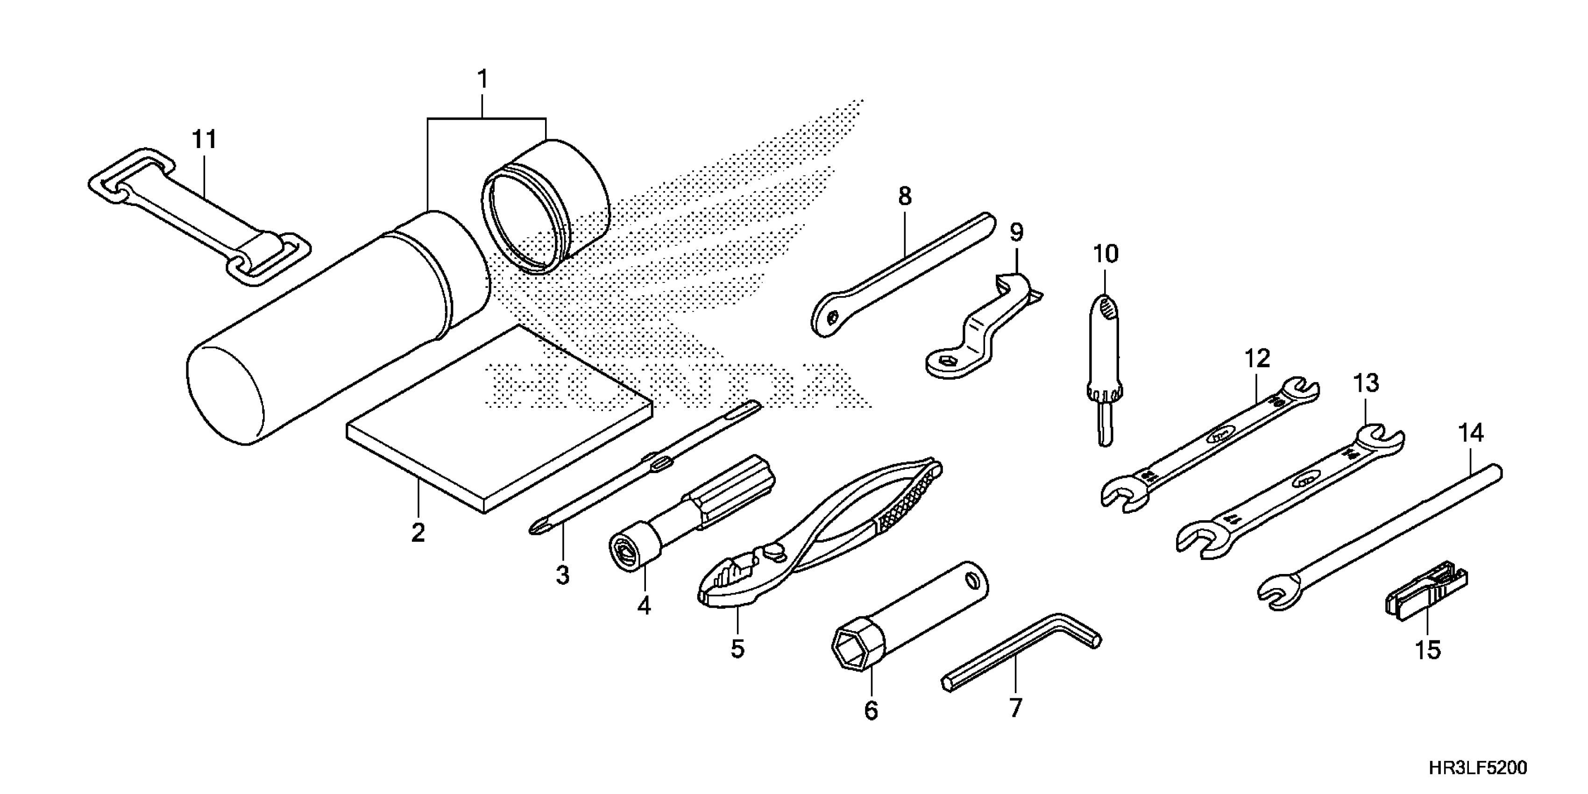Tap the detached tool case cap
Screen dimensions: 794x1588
coord(546,206)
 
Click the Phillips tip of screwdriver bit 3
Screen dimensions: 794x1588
coord(536,528)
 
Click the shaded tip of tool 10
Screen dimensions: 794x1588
coord(1107,306)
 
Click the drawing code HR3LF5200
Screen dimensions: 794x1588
coord(1477,767)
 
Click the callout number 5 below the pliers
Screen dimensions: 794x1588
coord(737,649)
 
